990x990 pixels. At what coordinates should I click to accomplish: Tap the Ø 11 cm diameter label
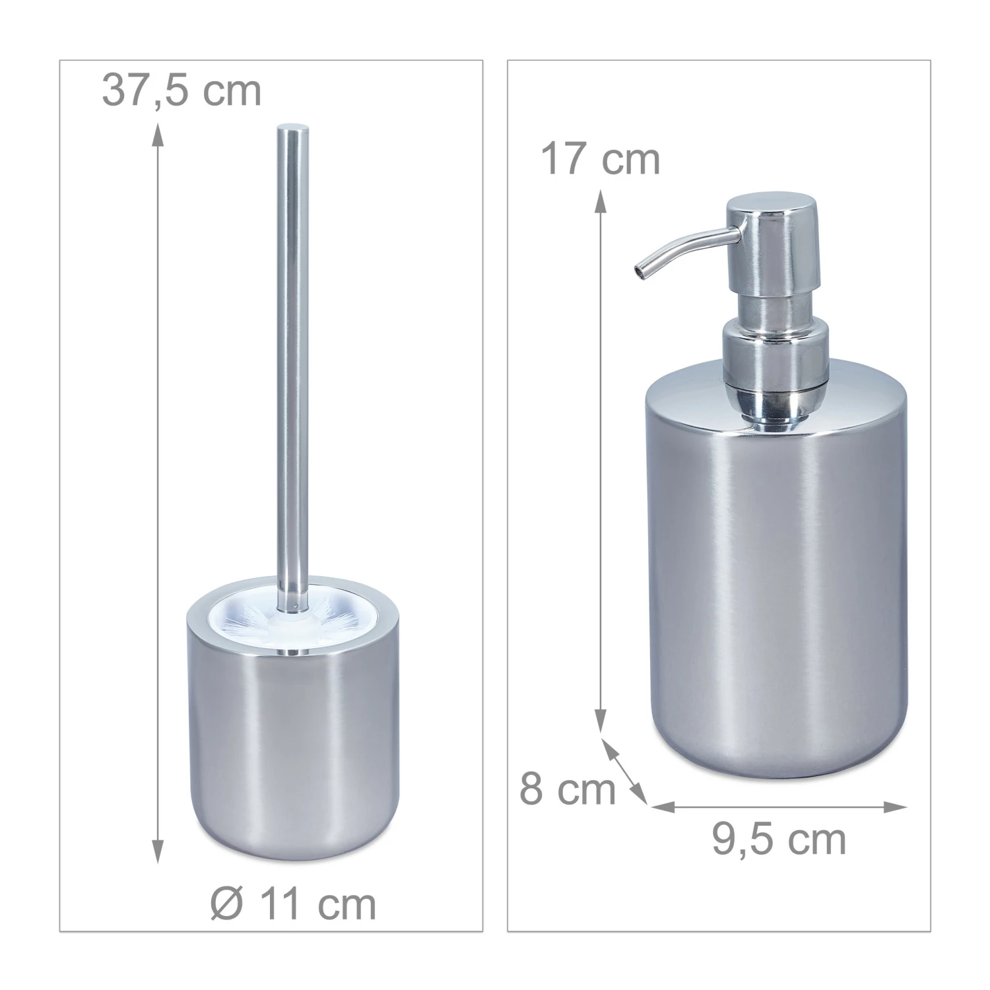point(294,904)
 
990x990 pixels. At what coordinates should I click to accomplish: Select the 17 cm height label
point(600,159)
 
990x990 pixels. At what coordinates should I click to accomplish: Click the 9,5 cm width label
point(779,839)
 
